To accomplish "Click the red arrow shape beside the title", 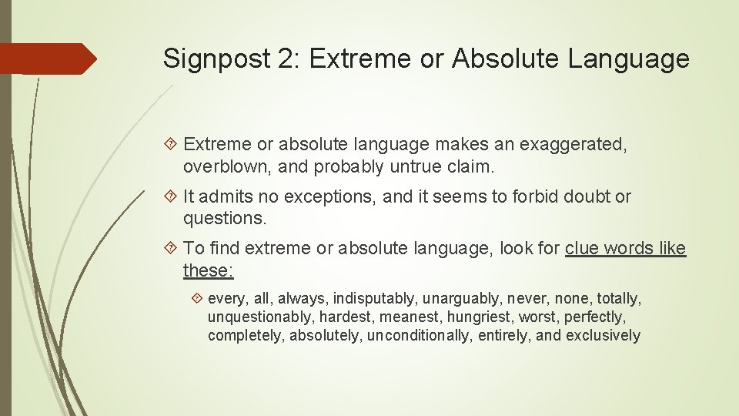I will coord(48,59).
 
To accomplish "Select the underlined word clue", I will coord(583,249).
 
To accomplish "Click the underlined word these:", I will coord(209,270).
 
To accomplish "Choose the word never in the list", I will coord(531,298).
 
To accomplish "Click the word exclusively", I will coord(603,335).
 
